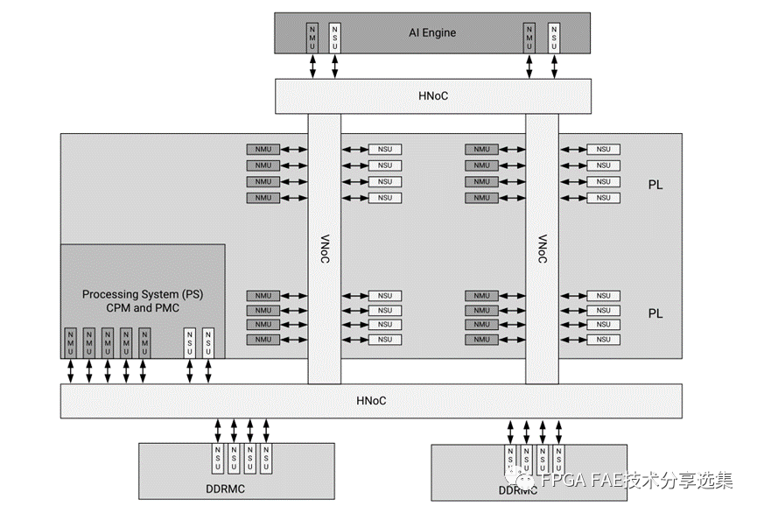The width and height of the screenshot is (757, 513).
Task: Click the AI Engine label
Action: coord(432,33)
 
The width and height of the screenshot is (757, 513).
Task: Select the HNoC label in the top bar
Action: coord(432,95)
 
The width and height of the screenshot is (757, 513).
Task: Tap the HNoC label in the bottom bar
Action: coord(371,401)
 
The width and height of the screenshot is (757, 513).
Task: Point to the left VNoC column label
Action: coord(324,249)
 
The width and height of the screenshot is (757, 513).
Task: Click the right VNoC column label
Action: coord(542,249)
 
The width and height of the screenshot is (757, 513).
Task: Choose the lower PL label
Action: coord(655,313)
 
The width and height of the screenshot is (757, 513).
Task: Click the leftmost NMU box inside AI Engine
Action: coord(312,36)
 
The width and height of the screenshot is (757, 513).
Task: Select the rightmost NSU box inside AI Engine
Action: coord(553,36)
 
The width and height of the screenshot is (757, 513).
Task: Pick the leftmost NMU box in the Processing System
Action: coord(71,341)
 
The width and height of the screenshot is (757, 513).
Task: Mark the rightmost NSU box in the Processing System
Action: coord(208,341)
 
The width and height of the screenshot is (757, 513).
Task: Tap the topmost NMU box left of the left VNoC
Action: coord(263,149)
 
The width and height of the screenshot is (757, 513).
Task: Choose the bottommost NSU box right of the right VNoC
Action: coord(603,340)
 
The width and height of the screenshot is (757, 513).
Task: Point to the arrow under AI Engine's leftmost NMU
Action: coord(312,66)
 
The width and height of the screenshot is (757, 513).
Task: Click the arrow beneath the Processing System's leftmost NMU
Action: coord(71,371)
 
